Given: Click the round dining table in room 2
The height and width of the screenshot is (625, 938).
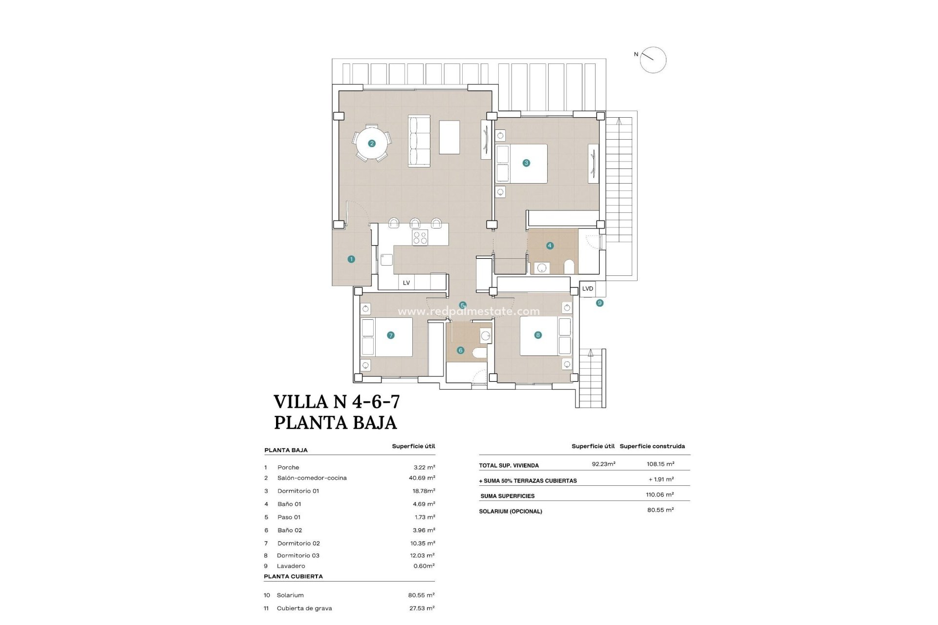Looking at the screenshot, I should coord(372,143).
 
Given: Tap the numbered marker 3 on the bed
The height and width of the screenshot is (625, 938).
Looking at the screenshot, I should coord(526,163).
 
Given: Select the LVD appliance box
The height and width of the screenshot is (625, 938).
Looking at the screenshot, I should coord(588,289).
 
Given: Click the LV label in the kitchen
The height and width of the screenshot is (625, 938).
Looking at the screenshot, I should coord(406,283).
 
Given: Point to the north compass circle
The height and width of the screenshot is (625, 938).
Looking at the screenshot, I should coord(653,60).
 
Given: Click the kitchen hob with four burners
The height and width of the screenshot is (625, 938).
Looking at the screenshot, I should coord(420,238).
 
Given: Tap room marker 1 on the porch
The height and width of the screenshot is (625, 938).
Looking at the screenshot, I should coord(351,259).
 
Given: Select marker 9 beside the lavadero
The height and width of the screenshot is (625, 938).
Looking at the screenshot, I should coord(599,303).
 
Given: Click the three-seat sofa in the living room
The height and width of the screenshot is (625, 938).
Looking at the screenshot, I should coord(419,141).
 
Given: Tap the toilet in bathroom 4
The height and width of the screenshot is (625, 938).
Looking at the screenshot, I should coord(569,267).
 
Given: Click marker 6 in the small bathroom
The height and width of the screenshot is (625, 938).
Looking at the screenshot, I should coord(460,350).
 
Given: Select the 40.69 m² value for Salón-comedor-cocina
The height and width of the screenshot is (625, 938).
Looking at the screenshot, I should coord(422,478).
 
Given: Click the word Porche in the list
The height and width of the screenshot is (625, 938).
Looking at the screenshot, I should coord(288,467).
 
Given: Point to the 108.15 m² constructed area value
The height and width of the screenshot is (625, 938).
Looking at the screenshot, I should coord(660,464).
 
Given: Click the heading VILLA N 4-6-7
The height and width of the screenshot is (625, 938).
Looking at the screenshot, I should coord(337,402).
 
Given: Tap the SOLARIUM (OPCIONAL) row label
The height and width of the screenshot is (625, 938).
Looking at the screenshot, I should coord(511,511).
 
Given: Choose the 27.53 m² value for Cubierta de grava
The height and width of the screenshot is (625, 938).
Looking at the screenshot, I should coord(422,608).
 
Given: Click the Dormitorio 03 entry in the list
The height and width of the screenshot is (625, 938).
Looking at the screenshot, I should coord(298,555).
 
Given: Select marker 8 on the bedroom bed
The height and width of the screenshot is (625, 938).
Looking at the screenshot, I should coord(538,335).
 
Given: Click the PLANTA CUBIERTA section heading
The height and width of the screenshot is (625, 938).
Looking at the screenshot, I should coord(293,576).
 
